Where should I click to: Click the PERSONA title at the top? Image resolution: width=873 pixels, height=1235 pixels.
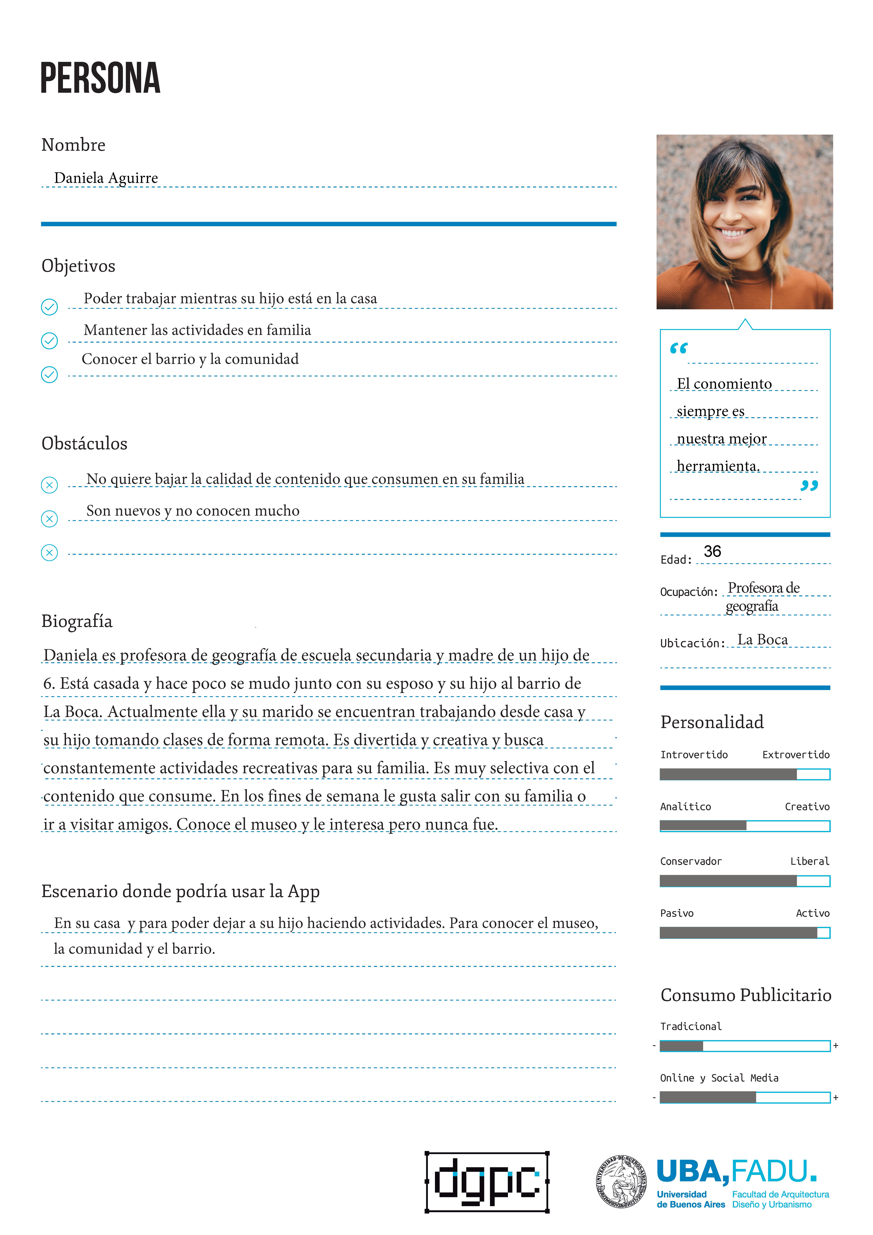pyautogui.click(x=101, y=79)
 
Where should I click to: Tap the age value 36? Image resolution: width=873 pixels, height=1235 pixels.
pyautogui.click(x=712, y=551)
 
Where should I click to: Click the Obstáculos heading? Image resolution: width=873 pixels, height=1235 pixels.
pyautogui.click(x=84, y=444)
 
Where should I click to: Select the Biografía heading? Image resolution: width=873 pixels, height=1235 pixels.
pyautogui.click(x=77, y=621)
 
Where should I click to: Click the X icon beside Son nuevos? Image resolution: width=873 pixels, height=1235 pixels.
pyautogui.click(x=50, y=519)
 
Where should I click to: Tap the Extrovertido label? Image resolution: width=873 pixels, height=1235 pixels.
pyautogui.click(x=796, y=755)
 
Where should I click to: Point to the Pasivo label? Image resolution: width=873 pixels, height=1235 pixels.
pyautogui.click(x=677, y=913)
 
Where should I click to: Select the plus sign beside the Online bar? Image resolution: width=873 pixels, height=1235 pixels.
pyautogui.click(x=836, y=1097)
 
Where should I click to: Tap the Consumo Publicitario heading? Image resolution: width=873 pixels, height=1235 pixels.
pyautogui.click(x=746, y=995)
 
